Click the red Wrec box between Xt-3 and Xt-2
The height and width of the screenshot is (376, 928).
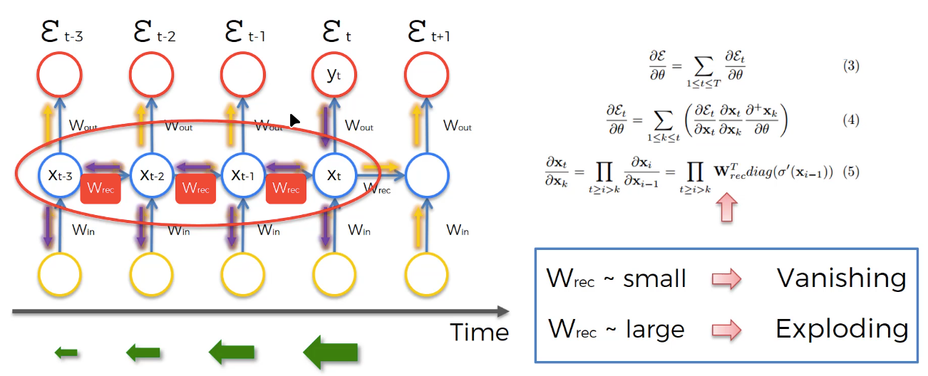pyautogui.click(x=100, y=189)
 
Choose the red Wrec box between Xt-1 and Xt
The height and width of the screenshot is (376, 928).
pyautogui.click(x=286, y=189)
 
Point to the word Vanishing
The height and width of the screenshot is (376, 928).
pyautogui.click(x=842, y=278)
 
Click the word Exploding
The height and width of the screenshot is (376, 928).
pyautogui.click(x=842, y=330)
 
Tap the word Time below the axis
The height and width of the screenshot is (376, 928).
pyautogui.click(x=480, y=332)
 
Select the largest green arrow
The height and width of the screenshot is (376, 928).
pyautogui.click(x=330, y=352)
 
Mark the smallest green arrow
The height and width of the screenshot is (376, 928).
pyautogui.click(x=66, y=352)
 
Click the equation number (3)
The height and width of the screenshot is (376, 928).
pyautogui.click(x=851, y=66)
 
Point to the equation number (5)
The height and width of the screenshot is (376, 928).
pyautogui.click(x=851, y=172)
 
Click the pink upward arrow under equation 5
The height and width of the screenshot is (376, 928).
pyautogui.click(x=727, y=207)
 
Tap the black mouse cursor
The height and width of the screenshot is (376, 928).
pyautogui.click(x=294, y=121)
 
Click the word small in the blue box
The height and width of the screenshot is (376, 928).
pyautogui.click(x=654, y=278)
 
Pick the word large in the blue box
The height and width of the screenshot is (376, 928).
pyautogui.click(x=655, y=330)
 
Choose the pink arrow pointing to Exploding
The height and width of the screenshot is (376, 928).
pyautogui.click(x=727, y=330)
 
